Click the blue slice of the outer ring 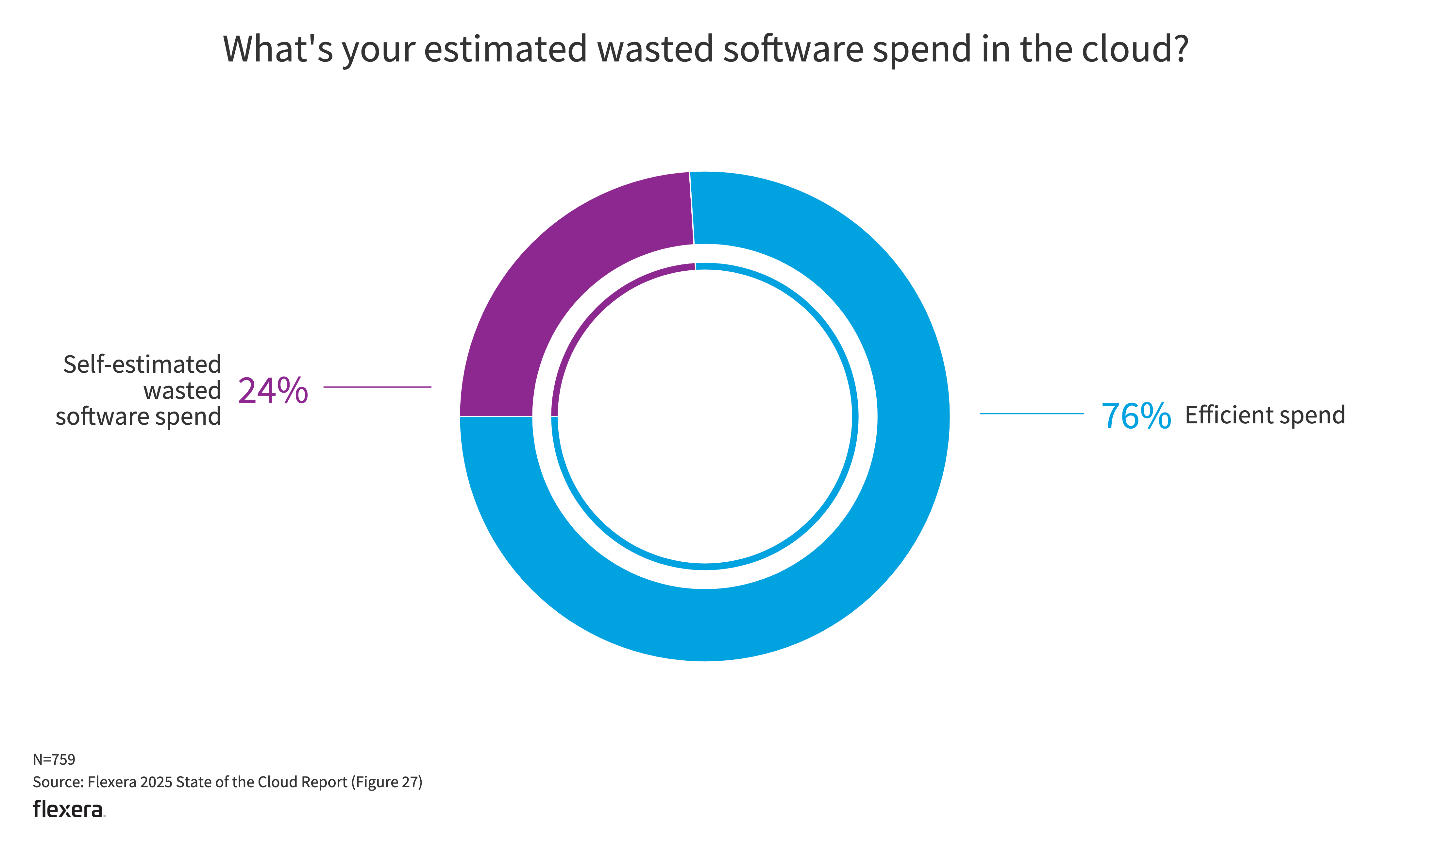[859, 544]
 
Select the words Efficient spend [1264, 415]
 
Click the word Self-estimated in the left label [142, 364]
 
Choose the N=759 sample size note [54, 759]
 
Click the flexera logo [68, 809]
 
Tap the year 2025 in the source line [156, 782]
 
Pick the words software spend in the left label [138, 417]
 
